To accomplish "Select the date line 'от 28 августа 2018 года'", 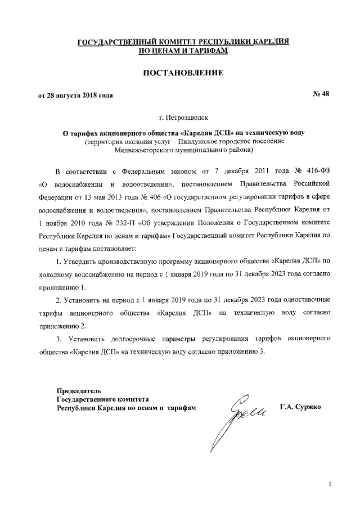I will pos(75,94).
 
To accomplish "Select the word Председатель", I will pos(79,390).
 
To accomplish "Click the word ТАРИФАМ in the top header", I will pos(207,51).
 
